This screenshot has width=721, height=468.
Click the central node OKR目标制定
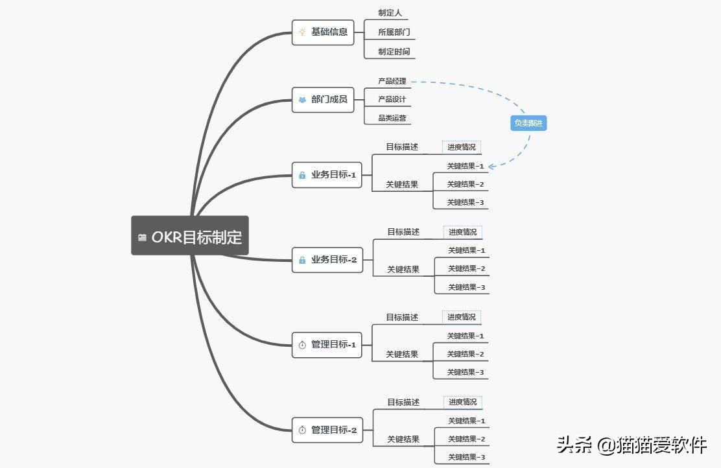click(190, 236)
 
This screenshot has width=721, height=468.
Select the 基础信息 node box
click(323, 32)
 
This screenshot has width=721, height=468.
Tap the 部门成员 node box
click(323, 99)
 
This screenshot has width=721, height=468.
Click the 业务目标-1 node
click(327, 175)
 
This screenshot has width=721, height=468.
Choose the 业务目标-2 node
click(327, 260)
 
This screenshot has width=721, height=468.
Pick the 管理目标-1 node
click(327, 345)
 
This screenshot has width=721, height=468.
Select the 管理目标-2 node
click(327, 430)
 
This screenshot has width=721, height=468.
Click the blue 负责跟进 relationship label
click(528, 123)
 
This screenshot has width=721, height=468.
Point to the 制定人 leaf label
click(390, 13)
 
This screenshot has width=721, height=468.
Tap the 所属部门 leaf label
click(394, 32)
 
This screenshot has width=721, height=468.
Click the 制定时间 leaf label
click(394, 51)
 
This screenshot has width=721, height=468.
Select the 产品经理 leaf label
click(392, 81)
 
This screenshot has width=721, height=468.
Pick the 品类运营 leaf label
click(392, 118)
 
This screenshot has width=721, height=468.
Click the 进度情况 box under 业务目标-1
click(462, 147)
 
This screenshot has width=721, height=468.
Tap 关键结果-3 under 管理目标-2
click(466, 457)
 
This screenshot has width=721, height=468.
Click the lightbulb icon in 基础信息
click(302, 32)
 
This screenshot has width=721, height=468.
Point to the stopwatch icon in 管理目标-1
click(302, 345)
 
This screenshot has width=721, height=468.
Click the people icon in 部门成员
click(302, 100)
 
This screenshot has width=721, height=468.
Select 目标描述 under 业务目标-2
click(403, 232)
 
